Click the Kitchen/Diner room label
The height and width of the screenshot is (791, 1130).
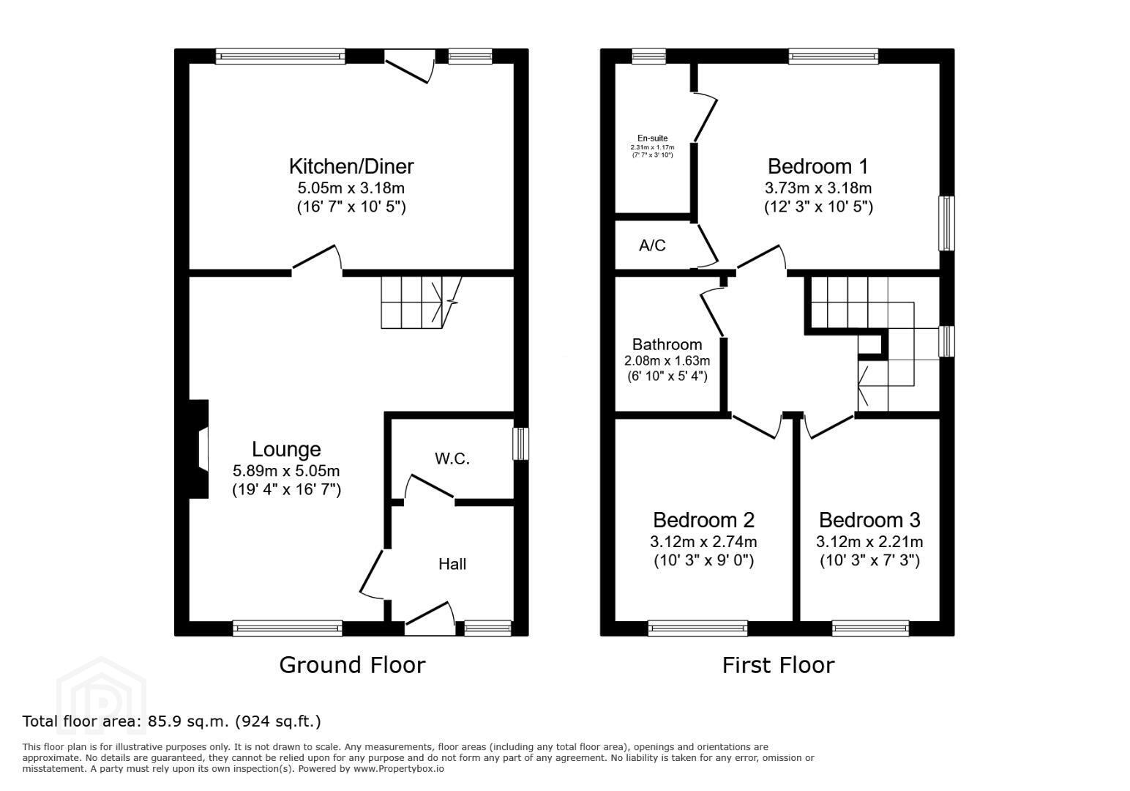(351, 166)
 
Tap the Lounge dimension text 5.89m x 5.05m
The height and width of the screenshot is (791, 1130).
(286, 470)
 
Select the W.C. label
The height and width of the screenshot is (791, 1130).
(452, 458)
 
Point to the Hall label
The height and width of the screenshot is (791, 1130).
(452, 564)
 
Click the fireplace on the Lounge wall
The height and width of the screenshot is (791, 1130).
(199, 449)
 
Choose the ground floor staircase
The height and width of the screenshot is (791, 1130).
(422, 302)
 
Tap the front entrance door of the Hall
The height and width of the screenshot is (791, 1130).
(430, 619)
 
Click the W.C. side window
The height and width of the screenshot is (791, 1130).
(520, 444)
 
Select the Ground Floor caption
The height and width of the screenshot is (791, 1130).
(352, 665)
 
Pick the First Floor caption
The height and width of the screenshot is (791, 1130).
(778, 665)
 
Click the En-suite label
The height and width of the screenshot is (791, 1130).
(652, 138)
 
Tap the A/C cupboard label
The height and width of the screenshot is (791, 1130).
(652, 245)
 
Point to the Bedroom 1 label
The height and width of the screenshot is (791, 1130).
(817, 166)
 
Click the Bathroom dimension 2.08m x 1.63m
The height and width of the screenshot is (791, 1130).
(667, 361)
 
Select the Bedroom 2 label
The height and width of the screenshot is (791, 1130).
(703, 519)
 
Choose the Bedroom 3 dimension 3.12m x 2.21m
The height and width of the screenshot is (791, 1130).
(869, 542)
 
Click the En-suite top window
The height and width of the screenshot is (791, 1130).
(648, 56)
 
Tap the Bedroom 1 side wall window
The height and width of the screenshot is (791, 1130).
(946, 223)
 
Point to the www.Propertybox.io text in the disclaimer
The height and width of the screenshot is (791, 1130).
(399, 769)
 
